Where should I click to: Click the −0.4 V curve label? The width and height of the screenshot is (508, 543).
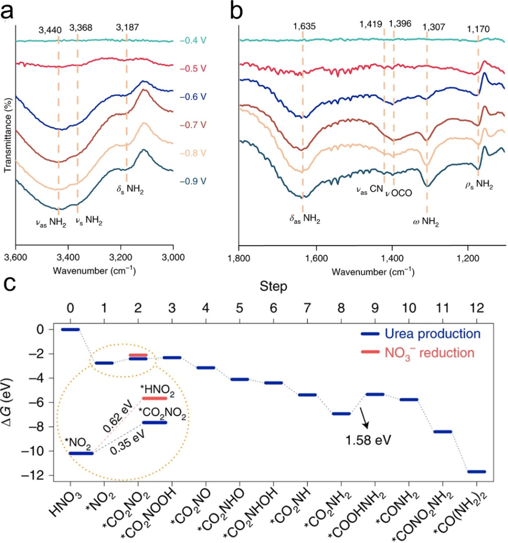pyautogui.click(x=193, y=40)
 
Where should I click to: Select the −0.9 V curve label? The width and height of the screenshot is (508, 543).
pyautogui.click(x=193, y=182)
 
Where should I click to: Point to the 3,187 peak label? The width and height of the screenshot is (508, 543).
pyautogui.click(x=127, y=28)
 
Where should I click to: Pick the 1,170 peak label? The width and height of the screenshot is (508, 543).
pyautogui.click(x=478, y=29)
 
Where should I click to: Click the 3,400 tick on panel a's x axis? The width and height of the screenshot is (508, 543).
pyautogui.click(x=68, y=258)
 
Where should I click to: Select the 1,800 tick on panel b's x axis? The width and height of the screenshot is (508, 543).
pyautogui.click(x=239, y=258)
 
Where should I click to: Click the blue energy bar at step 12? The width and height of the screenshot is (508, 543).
pyautogui.click(x=476, y=471)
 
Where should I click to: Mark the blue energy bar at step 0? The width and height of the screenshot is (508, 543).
pyautogui.click(x=70, y=329)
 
